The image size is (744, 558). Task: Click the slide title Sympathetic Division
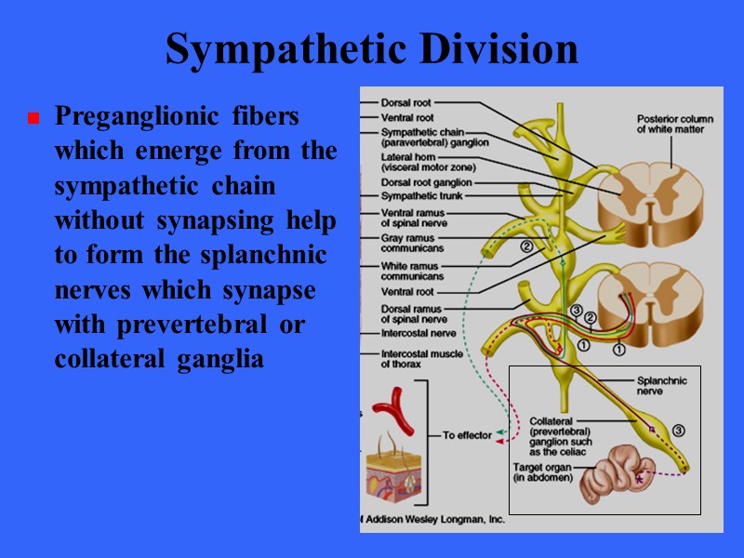click(x=372, y=49)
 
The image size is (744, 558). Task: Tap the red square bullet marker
click(x=33, y=119)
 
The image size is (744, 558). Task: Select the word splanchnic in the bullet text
click(x=275, y=256)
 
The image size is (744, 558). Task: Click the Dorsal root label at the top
click(x=405, y=102)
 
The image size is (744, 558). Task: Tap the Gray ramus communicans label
click(x=412, y=244)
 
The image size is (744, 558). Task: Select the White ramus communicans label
click(x=413, y=271)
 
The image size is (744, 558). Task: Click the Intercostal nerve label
click(x=419, y=331)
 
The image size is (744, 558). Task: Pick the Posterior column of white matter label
click(x=671, y=124)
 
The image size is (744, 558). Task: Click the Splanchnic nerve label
click(x=661, y=385)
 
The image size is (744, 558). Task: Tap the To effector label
click(x=467, y=434)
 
